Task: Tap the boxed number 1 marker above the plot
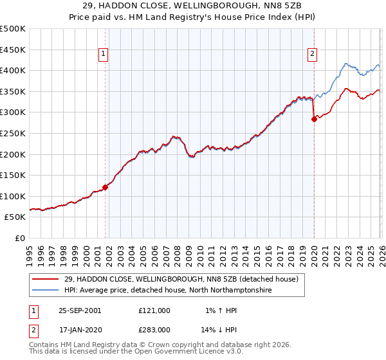(x=105, y=55)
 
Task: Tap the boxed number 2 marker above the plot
(x=312, y=55)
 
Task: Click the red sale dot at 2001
(x=106, y=187)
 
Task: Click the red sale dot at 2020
(x=314, y=119)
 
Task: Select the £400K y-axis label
(x=13, y=71)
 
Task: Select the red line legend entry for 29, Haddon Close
(x=181, y=280)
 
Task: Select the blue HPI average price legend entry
(x=168, y=291)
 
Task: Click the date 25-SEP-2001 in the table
(x=80, y=310)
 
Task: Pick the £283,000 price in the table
(x=154, y=330)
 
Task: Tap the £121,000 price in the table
(x=154, y=310)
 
